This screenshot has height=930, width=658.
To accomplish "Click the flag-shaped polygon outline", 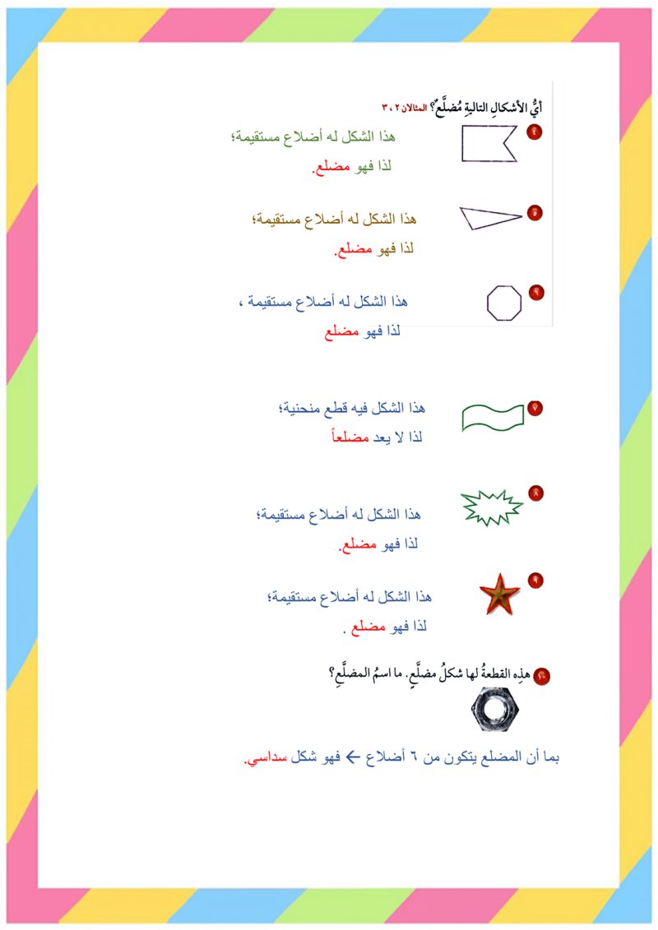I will click(x=486, y=144).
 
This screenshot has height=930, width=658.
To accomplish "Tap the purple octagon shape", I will click(x=503, y=303).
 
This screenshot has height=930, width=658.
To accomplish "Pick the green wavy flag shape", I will click(x=493, y=417).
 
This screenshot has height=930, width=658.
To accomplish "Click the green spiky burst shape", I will click(x=492, y=508).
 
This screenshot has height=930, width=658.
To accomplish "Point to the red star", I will click(x=499, y=595).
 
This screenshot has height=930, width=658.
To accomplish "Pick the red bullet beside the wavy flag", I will click(x=535, y=408).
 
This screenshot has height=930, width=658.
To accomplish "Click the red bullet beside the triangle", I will click(x=535, y=213).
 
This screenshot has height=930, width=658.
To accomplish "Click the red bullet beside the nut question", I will click(x=542, y=676).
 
